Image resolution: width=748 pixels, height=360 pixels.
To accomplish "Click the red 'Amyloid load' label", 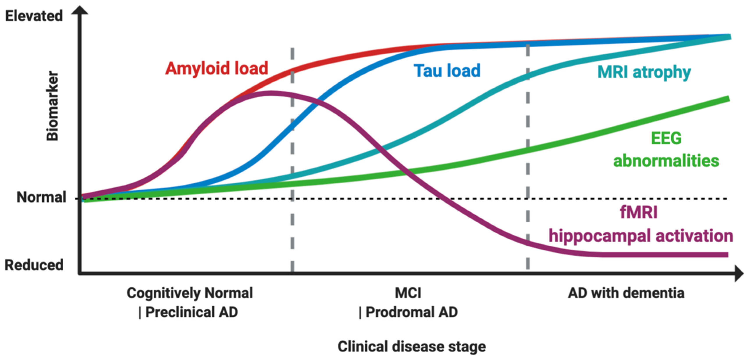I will tap(216, 69).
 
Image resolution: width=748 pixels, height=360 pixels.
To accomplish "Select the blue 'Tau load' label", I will tap(447, 71).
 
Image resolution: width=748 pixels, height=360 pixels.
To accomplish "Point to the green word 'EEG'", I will tap(666, 138).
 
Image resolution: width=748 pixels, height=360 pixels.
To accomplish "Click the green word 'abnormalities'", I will tap(666, 161).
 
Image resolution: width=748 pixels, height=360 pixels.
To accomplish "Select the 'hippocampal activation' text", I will tap(641, 236).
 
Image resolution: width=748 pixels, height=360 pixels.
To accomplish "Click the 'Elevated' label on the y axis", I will tap(34, 16).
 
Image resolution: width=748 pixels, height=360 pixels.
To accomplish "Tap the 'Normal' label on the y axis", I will tap(41, 197).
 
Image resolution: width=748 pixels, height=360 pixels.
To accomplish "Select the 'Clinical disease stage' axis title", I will tap(411, 346).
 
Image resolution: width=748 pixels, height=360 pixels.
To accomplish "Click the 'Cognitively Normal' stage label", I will tap(190, 293).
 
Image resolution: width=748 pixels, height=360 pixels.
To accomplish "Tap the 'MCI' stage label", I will tap(408, 293).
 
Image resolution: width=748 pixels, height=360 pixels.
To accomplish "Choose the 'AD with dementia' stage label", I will tap(626, 293).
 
